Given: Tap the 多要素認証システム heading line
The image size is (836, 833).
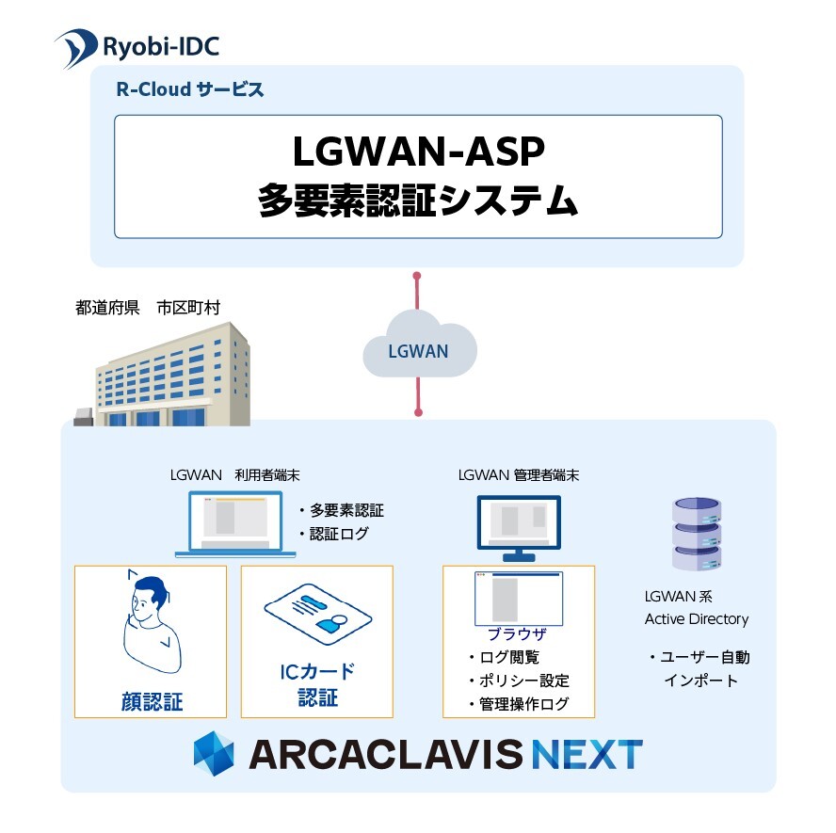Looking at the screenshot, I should click(418, 200).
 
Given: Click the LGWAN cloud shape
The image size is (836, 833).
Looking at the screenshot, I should click(419, 350).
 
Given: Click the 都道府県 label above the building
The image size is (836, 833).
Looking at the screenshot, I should click(107, 307).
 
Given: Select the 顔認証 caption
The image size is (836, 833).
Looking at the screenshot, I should click(152, 701).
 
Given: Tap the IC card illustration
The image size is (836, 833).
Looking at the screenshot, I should click(317, 617).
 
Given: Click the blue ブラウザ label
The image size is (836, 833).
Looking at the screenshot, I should click(517, 634).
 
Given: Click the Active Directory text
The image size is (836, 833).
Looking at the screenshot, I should click(697, 618).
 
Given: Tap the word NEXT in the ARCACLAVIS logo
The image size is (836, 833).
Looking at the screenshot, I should click(586, 754).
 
